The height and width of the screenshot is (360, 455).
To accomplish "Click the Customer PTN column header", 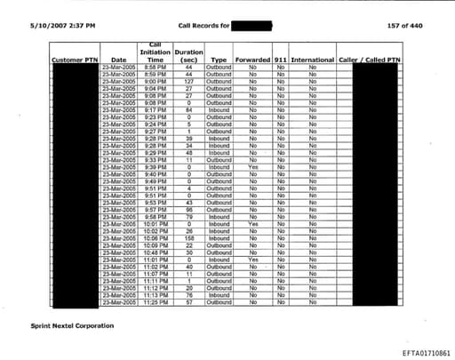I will (x=74, y=60).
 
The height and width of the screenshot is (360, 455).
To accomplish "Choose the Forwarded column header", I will (x=252, y=60).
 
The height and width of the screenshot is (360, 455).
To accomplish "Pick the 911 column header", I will (x=281, y=60).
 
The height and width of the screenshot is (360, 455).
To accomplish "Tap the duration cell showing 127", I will (x=189, y=79).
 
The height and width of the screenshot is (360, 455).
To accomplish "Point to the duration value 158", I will (x=189, y=238).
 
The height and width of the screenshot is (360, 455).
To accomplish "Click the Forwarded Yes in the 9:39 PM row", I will (x=252, y=166).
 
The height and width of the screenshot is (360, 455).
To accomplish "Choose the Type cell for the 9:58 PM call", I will (x=219, y=216).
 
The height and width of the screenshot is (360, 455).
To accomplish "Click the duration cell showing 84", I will (x=189, y=110).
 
